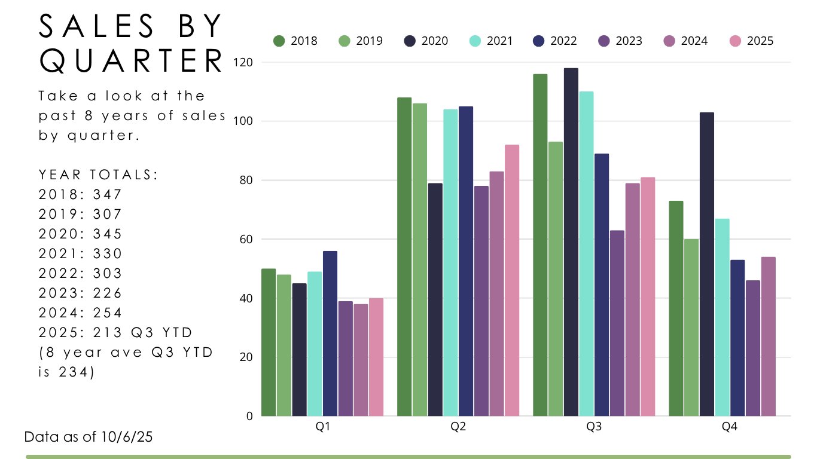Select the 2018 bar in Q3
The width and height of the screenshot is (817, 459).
tap(540, 245)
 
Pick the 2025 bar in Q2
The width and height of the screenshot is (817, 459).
tap(512, 280)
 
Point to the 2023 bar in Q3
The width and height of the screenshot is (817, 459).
tap(617, 323)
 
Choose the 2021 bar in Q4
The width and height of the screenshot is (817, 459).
tap(722, 317)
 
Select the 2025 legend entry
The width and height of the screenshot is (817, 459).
tap(752, 41)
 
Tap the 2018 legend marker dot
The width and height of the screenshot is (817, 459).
tap(279, 41)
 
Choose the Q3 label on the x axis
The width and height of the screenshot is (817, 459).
tap(594, 428)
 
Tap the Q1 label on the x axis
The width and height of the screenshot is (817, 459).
tap(322, 428)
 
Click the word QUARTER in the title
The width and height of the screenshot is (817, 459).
tap(132, 61)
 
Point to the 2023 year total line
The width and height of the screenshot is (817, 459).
tap(80, 293)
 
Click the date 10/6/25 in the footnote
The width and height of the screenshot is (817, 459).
tap(127, 437)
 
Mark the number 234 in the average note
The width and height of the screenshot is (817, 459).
tap(80, 372)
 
